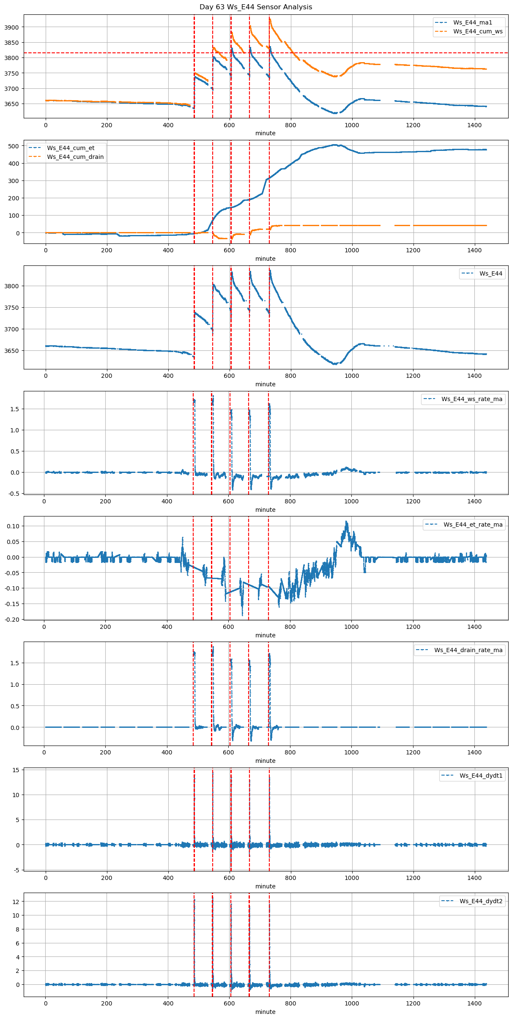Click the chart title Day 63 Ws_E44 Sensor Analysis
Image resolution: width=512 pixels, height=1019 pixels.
(256, 7)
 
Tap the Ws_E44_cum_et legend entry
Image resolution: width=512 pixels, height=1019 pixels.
(71, 148)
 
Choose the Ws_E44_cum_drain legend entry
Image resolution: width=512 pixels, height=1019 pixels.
(75, 157)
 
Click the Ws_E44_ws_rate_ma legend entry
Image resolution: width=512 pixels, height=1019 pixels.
(472, 399)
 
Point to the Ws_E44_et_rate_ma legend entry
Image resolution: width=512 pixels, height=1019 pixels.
(473, 525)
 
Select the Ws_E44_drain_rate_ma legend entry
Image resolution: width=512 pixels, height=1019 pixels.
(468, 650)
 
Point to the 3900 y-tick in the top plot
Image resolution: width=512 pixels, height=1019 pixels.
(13, 27)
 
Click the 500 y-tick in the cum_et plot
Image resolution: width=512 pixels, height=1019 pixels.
(14, 146)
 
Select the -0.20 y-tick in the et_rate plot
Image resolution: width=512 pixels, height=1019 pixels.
(13, 619)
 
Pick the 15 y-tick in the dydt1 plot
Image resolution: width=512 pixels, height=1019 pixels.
(16, 770)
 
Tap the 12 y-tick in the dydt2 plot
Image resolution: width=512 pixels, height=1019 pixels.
(16, 902)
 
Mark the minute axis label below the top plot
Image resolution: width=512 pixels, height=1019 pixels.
(265, 133)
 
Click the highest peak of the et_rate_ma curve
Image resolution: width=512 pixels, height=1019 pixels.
(346, 522)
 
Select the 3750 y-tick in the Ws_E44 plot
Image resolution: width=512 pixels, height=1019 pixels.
(13, 308)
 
